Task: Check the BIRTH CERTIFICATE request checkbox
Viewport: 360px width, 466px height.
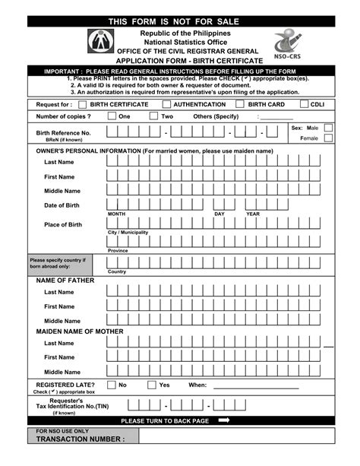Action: click(x=82, y=105)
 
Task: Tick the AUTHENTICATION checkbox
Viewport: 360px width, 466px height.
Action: click(x=167, y=105)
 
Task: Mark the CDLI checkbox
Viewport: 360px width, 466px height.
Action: click(x=304, y=105)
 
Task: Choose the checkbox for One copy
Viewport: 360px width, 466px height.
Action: click(x=112, y=116)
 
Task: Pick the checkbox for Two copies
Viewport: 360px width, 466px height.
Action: click(x=153, y=116)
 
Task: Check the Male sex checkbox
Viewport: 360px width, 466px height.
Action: click(x=328, y=128)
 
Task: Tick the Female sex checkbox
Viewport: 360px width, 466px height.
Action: click(x=328, y=138)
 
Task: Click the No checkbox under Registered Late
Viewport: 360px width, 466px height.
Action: click(x=112, y=385)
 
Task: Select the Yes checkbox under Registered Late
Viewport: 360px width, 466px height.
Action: click(x=152, y=385)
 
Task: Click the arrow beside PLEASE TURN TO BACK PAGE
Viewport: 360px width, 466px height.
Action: click(x=223, y=420)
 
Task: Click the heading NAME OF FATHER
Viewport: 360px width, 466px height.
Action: click(x=65, y=281)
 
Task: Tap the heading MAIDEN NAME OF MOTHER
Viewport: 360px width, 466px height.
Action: click(x=80, y=332)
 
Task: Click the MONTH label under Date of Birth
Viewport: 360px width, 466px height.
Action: click(x=116, y=214)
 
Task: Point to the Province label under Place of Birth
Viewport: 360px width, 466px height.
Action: click(x=118, y=250)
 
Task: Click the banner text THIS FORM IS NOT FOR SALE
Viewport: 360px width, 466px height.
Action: click(x=180, y=21)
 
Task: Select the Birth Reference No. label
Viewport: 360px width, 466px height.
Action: click(x=64, y=132)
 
